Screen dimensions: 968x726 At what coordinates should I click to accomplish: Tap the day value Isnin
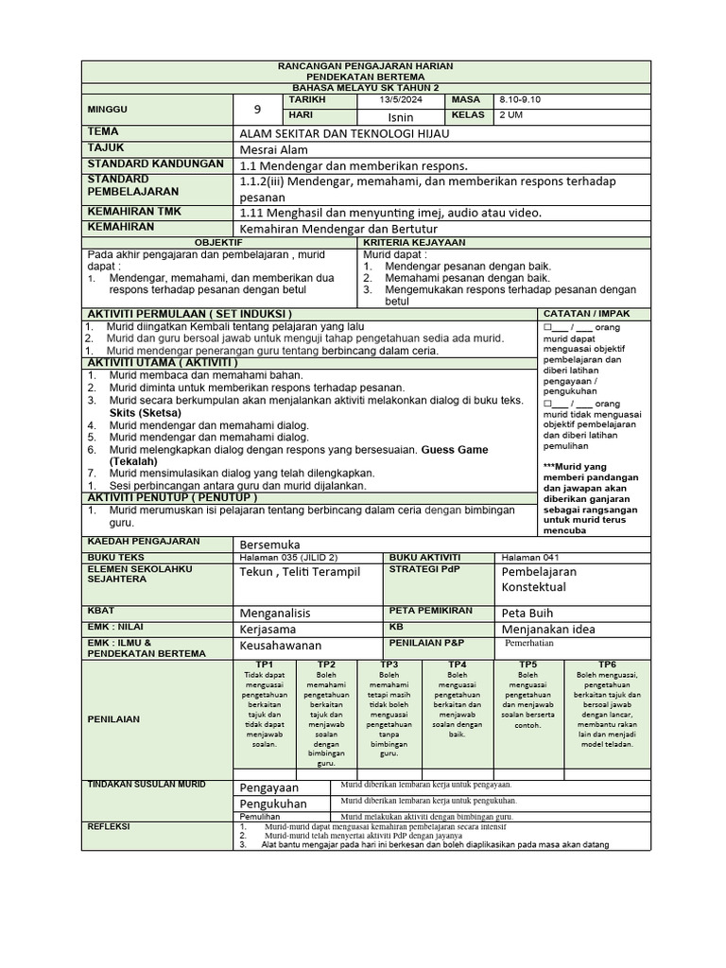401,116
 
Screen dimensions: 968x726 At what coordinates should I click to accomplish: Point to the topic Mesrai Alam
274,149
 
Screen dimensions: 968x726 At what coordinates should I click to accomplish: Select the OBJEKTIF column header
218,243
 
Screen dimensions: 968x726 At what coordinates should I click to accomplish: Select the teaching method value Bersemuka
269,544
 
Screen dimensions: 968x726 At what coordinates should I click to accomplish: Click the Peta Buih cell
526,613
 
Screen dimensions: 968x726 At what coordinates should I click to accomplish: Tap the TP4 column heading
458,665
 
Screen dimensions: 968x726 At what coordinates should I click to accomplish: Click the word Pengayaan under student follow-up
268,786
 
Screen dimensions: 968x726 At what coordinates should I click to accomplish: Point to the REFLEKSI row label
109,826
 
